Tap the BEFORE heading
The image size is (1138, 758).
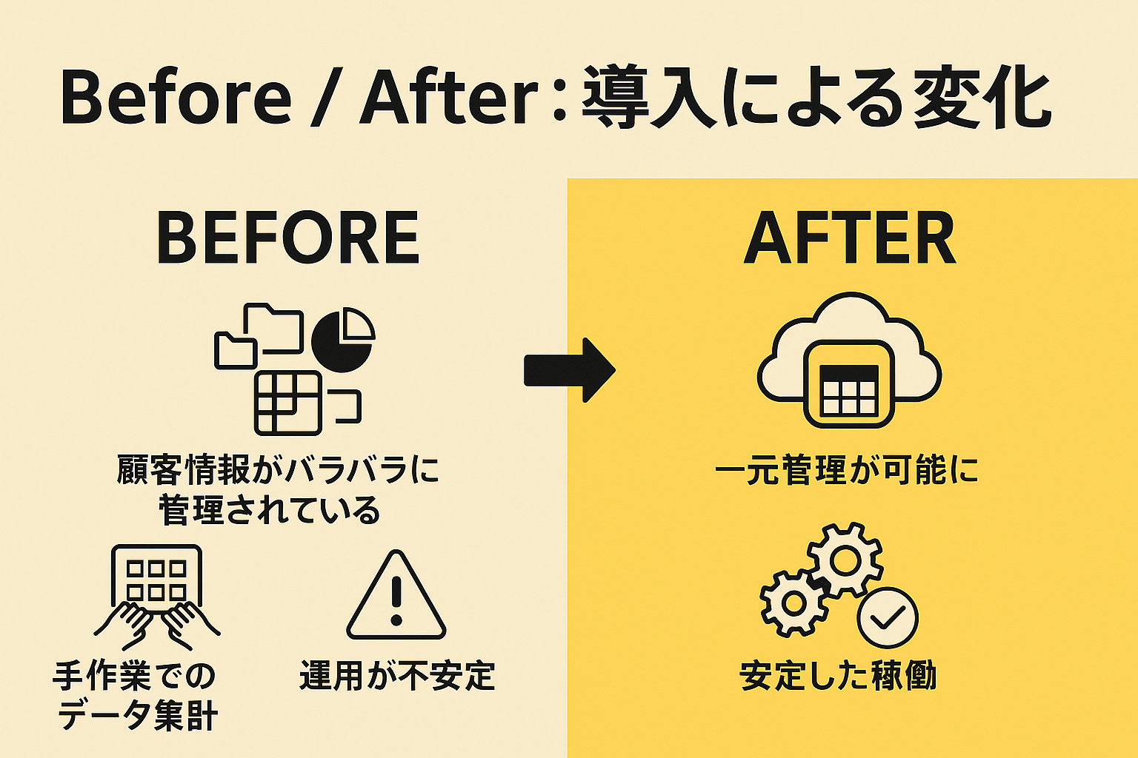coord(287,238)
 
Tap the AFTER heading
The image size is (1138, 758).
coord(850,238)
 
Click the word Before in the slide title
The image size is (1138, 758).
coord(176,98)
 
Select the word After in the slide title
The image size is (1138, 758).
coord(448,98)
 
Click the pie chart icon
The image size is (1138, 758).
coord(343,340)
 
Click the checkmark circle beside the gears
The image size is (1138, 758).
coord(887,617)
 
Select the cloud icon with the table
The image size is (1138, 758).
coord(849,360)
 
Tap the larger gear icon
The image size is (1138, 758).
coord(845,560)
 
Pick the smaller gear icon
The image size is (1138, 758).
coord(793,603)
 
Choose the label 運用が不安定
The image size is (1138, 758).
coord(397,676)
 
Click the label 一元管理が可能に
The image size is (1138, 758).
coord(847,471)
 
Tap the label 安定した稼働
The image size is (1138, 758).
coord(838,676)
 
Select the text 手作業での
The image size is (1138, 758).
coord(134,676)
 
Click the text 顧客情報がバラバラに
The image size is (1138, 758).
coord(278,470)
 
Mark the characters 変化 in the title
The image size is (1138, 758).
coord(981,98)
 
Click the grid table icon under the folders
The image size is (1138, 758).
coord(287,403)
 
